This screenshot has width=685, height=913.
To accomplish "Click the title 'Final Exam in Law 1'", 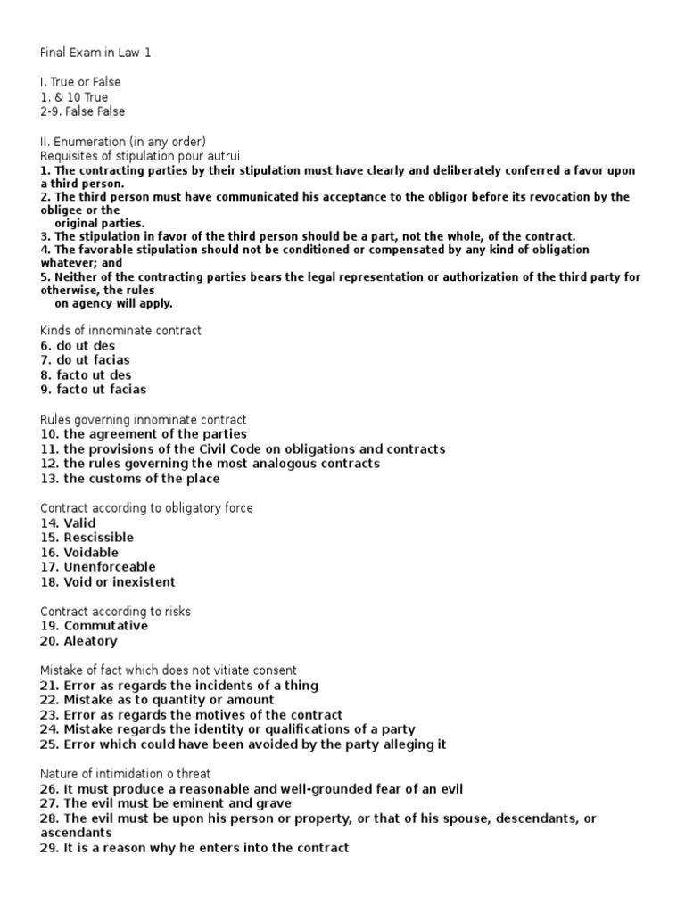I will (x=96, y=53).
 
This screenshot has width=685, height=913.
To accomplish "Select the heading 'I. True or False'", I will (x=80, y=82).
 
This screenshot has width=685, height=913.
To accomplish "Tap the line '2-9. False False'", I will (x=83, y=111).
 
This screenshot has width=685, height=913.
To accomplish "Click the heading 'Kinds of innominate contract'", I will (x=121, y=331).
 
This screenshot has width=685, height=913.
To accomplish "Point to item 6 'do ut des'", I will (x=78, y=345).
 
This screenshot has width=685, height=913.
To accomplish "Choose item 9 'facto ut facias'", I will (x=94, y=390).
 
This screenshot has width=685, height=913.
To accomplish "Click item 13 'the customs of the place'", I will (x=130, y=479).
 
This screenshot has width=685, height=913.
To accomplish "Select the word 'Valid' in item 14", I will (x=79, y=522).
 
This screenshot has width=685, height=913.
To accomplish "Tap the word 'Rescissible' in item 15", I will (x=98, y=538).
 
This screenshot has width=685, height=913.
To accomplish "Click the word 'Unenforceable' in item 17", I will (x=109, y=567).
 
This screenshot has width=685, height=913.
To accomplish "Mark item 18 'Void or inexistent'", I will (x=108, y=582).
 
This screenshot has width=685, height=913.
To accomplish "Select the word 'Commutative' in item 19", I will (x=105, y=626).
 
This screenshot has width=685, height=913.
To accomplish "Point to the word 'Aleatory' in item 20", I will (x=90, y=641).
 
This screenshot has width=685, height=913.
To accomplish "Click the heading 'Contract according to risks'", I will (x=116, y=612).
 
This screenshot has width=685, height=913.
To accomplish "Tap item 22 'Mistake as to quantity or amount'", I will (x=157, y=700).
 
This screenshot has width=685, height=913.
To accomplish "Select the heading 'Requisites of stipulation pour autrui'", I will (x=128, y=155).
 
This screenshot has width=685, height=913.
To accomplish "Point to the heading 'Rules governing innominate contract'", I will (x=144, y=419).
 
